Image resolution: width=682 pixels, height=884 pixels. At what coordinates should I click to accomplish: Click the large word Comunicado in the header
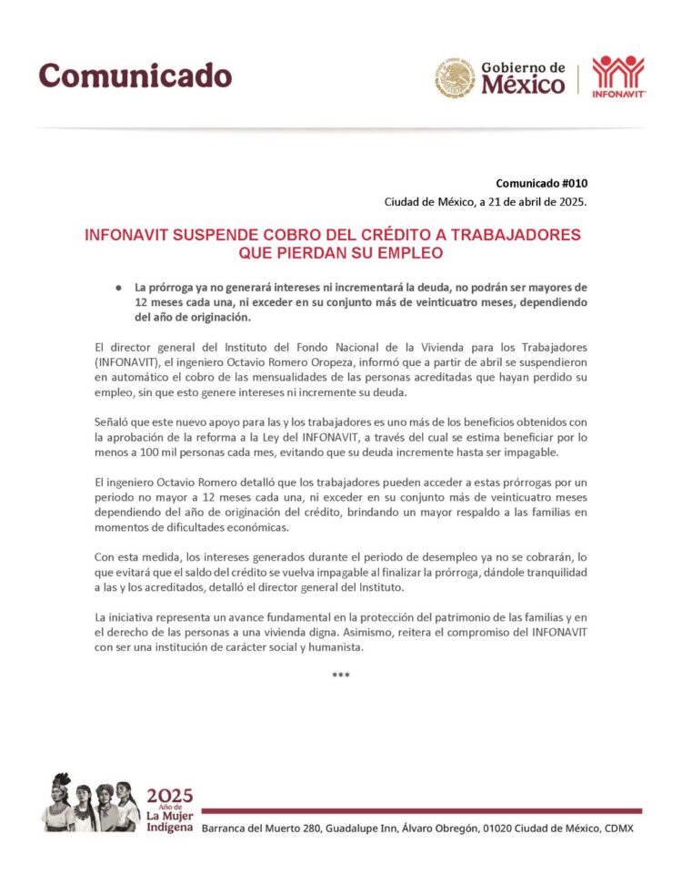[x=135, y=75]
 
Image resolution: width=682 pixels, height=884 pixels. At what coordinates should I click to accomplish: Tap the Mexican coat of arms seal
[x=454, y=76]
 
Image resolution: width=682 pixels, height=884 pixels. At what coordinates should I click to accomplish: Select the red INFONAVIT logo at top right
[x=618, y=76]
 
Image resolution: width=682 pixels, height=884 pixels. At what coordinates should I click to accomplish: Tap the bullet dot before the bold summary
[x=118, y=288]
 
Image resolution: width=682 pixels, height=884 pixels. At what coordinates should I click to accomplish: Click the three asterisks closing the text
[x=341, y=675]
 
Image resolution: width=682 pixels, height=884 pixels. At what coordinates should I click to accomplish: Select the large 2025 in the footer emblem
[x=170, y=792]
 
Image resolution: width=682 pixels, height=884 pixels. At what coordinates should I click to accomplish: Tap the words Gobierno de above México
[x=523, y=67]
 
